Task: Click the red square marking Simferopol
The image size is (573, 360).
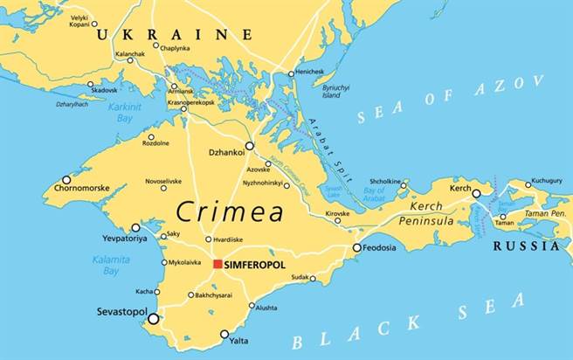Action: [x=217, y=264]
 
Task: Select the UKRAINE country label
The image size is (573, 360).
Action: [x=174, y=34]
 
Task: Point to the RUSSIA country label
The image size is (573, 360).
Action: [x=526, y=246]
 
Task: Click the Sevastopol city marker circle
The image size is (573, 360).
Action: [x=154, y=319]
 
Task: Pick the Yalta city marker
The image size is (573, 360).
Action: [x=224, y=334]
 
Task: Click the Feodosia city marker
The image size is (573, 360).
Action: [x=356, y=248]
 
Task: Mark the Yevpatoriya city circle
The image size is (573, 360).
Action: [x=135, y=227]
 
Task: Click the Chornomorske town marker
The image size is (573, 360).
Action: [x=66, y=179]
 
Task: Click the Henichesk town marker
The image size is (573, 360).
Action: [x=292, y=74]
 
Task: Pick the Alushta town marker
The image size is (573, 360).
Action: [x=252, y=306]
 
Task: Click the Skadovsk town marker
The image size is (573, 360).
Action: [x=91, y=85]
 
